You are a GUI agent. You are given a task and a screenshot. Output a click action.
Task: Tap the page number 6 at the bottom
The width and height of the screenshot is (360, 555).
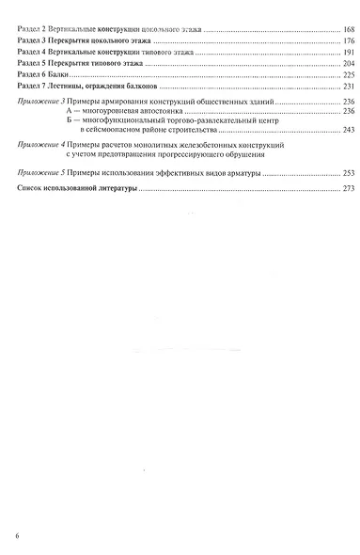[x=18, y=536]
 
